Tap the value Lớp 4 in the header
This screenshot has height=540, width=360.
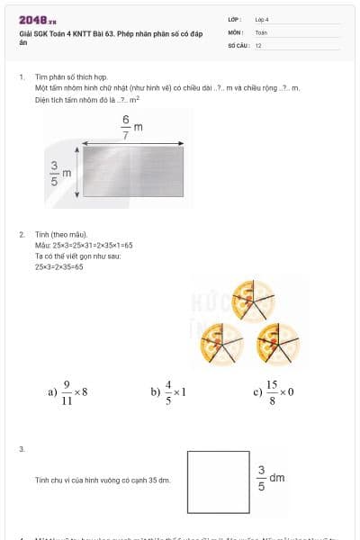tap(262, 19)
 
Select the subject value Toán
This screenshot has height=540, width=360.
tap(261, 31)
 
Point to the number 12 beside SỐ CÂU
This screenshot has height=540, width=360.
tap(258, 44)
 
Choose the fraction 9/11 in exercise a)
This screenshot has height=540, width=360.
tap(67, 392)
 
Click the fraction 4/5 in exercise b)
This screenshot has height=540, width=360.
tap(168, 392)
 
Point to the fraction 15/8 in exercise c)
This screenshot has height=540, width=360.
tap(272, 392)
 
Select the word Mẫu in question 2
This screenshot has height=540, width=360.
tap(41, 245)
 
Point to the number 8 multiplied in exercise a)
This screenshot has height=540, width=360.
tap(84, 392)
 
